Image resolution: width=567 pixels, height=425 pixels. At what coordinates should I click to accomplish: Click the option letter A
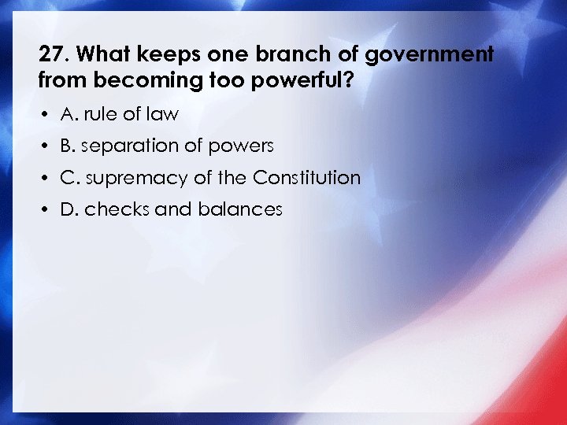point(67,114)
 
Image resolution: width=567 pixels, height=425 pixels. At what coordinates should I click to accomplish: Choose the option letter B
point(67,146)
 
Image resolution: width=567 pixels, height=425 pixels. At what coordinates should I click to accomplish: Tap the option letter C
point(67,178)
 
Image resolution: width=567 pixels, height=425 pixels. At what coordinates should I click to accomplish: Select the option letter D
point(68,209)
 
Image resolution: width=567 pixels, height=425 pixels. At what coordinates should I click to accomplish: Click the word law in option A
point(163,114)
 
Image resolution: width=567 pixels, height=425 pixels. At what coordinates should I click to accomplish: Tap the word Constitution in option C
point(306,178)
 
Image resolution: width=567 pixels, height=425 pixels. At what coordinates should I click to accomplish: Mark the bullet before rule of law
point(46,115)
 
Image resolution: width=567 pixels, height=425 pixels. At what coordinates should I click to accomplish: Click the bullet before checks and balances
point(46,210)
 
